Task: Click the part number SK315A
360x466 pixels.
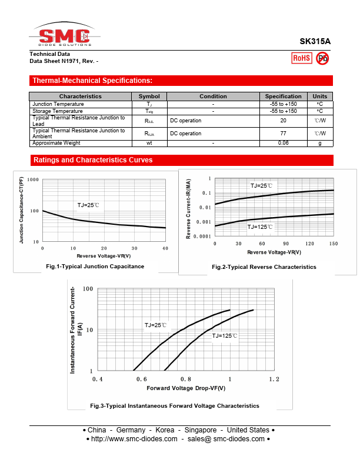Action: pyautogui.click(x=315, y=42)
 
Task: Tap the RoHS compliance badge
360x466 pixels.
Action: pyautogui.click(x=301, y=58)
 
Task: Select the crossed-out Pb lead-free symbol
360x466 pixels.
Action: pyautogui.click(x=322, y=58)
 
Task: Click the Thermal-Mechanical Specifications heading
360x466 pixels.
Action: pyautogui.click(x=92, y=81)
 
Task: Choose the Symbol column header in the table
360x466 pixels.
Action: pyautogui.click(x=149, y=96)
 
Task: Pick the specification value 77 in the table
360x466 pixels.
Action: pyautogui.click(x=283, y=134)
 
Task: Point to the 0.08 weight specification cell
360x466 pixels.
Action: pyautogui.click(x=283, y=143)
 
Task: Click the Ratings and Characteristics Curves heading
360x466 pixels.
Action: pyautogui.click(x=93, y=160)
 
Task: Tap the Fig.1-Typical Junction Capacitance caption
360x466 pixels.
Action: pyautogui.click(x=95, y=267)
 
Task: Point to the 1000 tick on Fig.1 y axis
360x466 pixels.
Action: pyautogui.click(x=33, y=180)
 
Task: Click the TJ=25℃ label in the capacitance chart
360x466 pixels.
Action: pyautogui.click(x=88, y=205)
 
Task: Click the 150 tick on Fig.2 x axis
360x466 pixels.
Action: pyautogui.click(x=334, y=244)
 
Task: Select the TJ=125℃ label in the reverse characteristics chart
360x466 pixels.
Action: pyautogui.click(x=260, y=227)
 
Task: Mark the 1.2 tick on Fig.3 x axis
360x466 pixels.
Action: pyautogui.click(x=274, y=380)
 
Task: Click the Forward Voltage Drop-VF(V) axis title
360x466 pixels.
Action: pyautogui.click(x=186, y=388)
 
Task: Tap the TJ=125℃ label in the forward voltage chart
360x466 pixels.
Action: pyautogui.click(x=225, y=335)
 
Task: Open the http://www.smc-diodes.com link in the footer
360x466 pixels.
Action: pyautogui.click(x=135, y=439)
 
